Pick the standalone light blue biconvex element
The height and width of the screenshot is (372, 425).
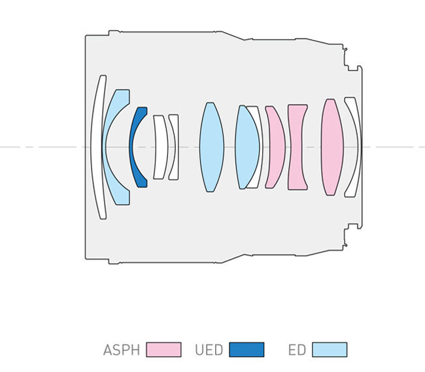(212, 147)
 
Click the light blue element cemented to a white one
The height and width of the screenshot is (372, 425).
(246, 147)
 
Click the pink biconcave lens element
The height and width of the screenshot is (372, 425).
(297, 147)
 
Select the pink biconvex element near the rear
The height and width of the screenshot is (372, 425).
(332, 147)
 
